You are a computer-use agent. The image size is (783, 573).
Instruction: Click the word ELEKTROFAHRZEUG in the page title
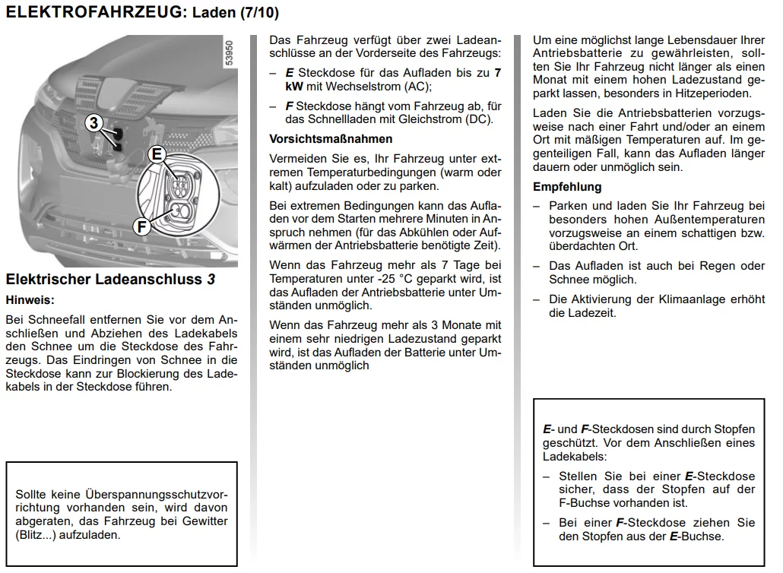[94, 12]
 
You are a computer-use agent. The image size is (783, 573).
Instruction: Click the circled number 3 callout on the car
[94, 123]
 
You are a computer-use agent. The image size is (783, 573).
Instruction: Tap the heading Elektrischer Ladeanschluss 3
[110, 280]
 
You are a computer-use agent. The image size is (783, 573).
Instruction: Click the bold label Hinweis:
[30, 300]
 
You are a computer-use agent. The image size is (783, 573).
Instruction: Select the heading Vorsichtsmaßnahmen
[331, 139]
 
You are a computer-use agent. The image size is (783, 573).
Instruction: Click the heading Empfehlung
[567, 187]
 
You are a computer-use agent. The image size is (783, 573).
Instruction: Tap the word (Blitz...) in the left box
[39, 534]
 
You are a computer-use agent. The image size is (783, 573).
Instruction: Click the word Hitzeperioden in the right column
[712, 93]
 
